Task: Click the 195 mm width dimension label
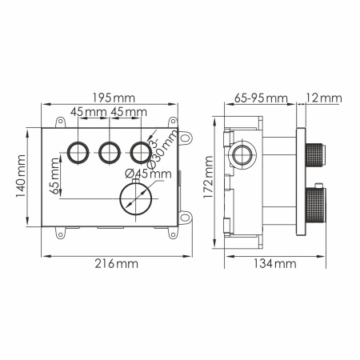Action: [x=112, y=97]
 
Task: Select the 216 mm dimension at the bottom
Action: [x=109, y=263]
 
